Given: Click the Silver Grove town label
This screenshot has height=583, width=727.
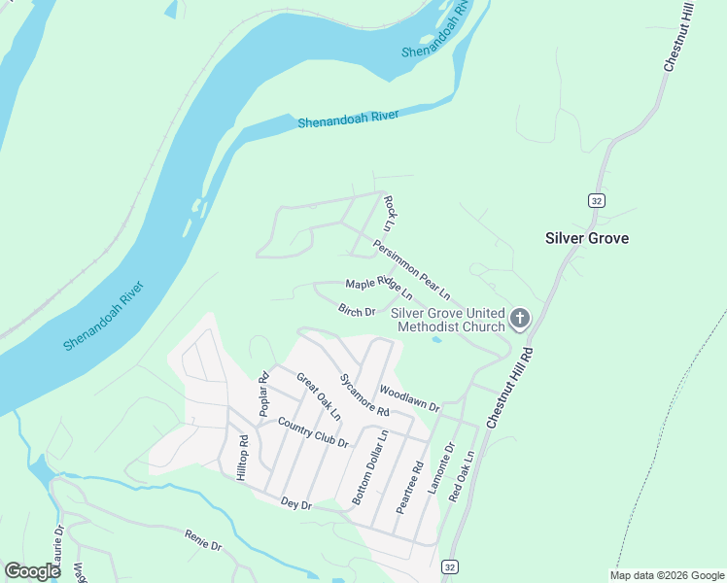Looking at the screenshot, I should (586, 238).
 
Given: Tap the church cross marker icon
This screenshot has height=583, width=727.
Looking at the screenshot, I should (520, 319).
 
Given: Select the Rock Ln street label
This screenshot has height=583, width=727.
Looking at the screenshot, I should (390, 213).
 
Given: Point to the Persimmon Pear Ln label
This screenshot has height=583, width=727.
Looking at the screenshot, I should (412, 269).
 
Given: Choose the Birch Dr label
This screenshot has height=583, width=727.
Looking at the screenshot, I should (357, 311).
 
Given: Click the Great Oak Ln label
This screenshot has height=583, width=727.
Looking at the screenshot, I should (319, 396).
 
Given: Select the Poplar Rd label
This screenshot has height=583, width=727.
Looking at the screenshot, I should (262, 394).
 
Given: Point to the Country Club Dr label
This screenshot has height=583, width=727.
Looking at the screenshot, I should (312, 431).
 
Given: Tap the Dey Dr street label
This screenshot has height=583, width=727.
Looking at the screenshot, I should (295, 504).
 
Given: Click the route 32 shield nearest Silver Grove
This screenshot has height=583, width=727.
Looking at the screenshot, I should (596, 200).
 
